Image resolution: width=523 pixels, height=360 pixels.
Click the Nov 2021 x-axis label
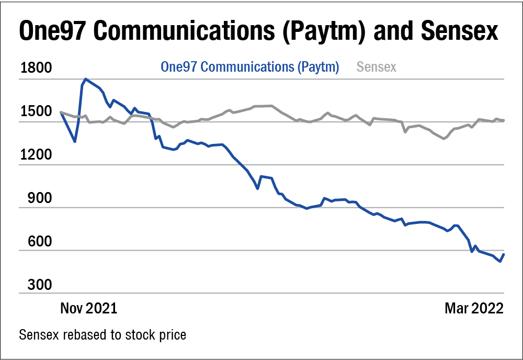click(x=88, y=308)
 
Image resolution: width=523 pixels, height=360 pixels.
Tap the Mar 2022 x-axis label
click(x=474, y=308)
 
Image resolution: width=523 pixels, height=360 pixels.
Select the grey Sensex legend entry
click(x=376, y=67)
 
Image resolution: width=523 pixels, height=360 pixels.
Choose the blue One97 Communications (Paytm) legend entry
click(x=250, y=67)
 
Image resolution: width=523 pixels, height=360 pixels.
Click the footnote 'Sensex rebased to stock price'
click(x=103, y=334)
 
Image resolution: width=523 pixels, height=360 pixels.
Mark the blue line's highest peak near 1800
click(x=85, y=79)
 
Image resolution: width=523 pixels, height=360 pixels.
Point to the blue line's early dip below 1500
click(x=75, y=141)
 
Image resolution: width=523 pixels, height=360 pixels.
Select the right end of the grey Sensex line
click(x=504, y=120)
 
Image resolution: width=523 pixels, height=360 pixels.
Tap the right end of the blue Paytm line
click(x=504, y=254)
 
